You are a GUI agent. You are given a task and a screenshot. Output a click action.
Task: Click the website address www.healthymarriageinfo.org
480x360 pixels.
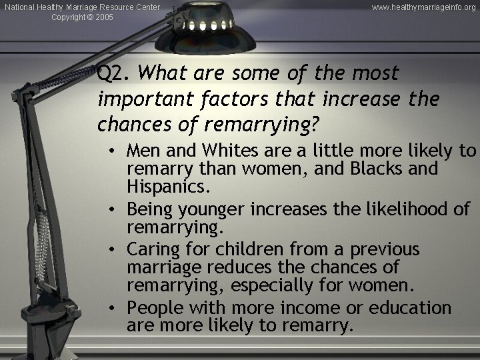[424, 7]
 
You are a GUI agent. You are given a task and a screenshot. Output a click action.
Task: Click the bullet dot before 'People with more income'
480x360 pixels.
[115, 308]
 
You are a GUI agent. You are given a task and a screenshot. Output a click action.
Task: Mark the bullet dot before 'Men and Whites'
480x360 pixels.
[115, 151]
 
